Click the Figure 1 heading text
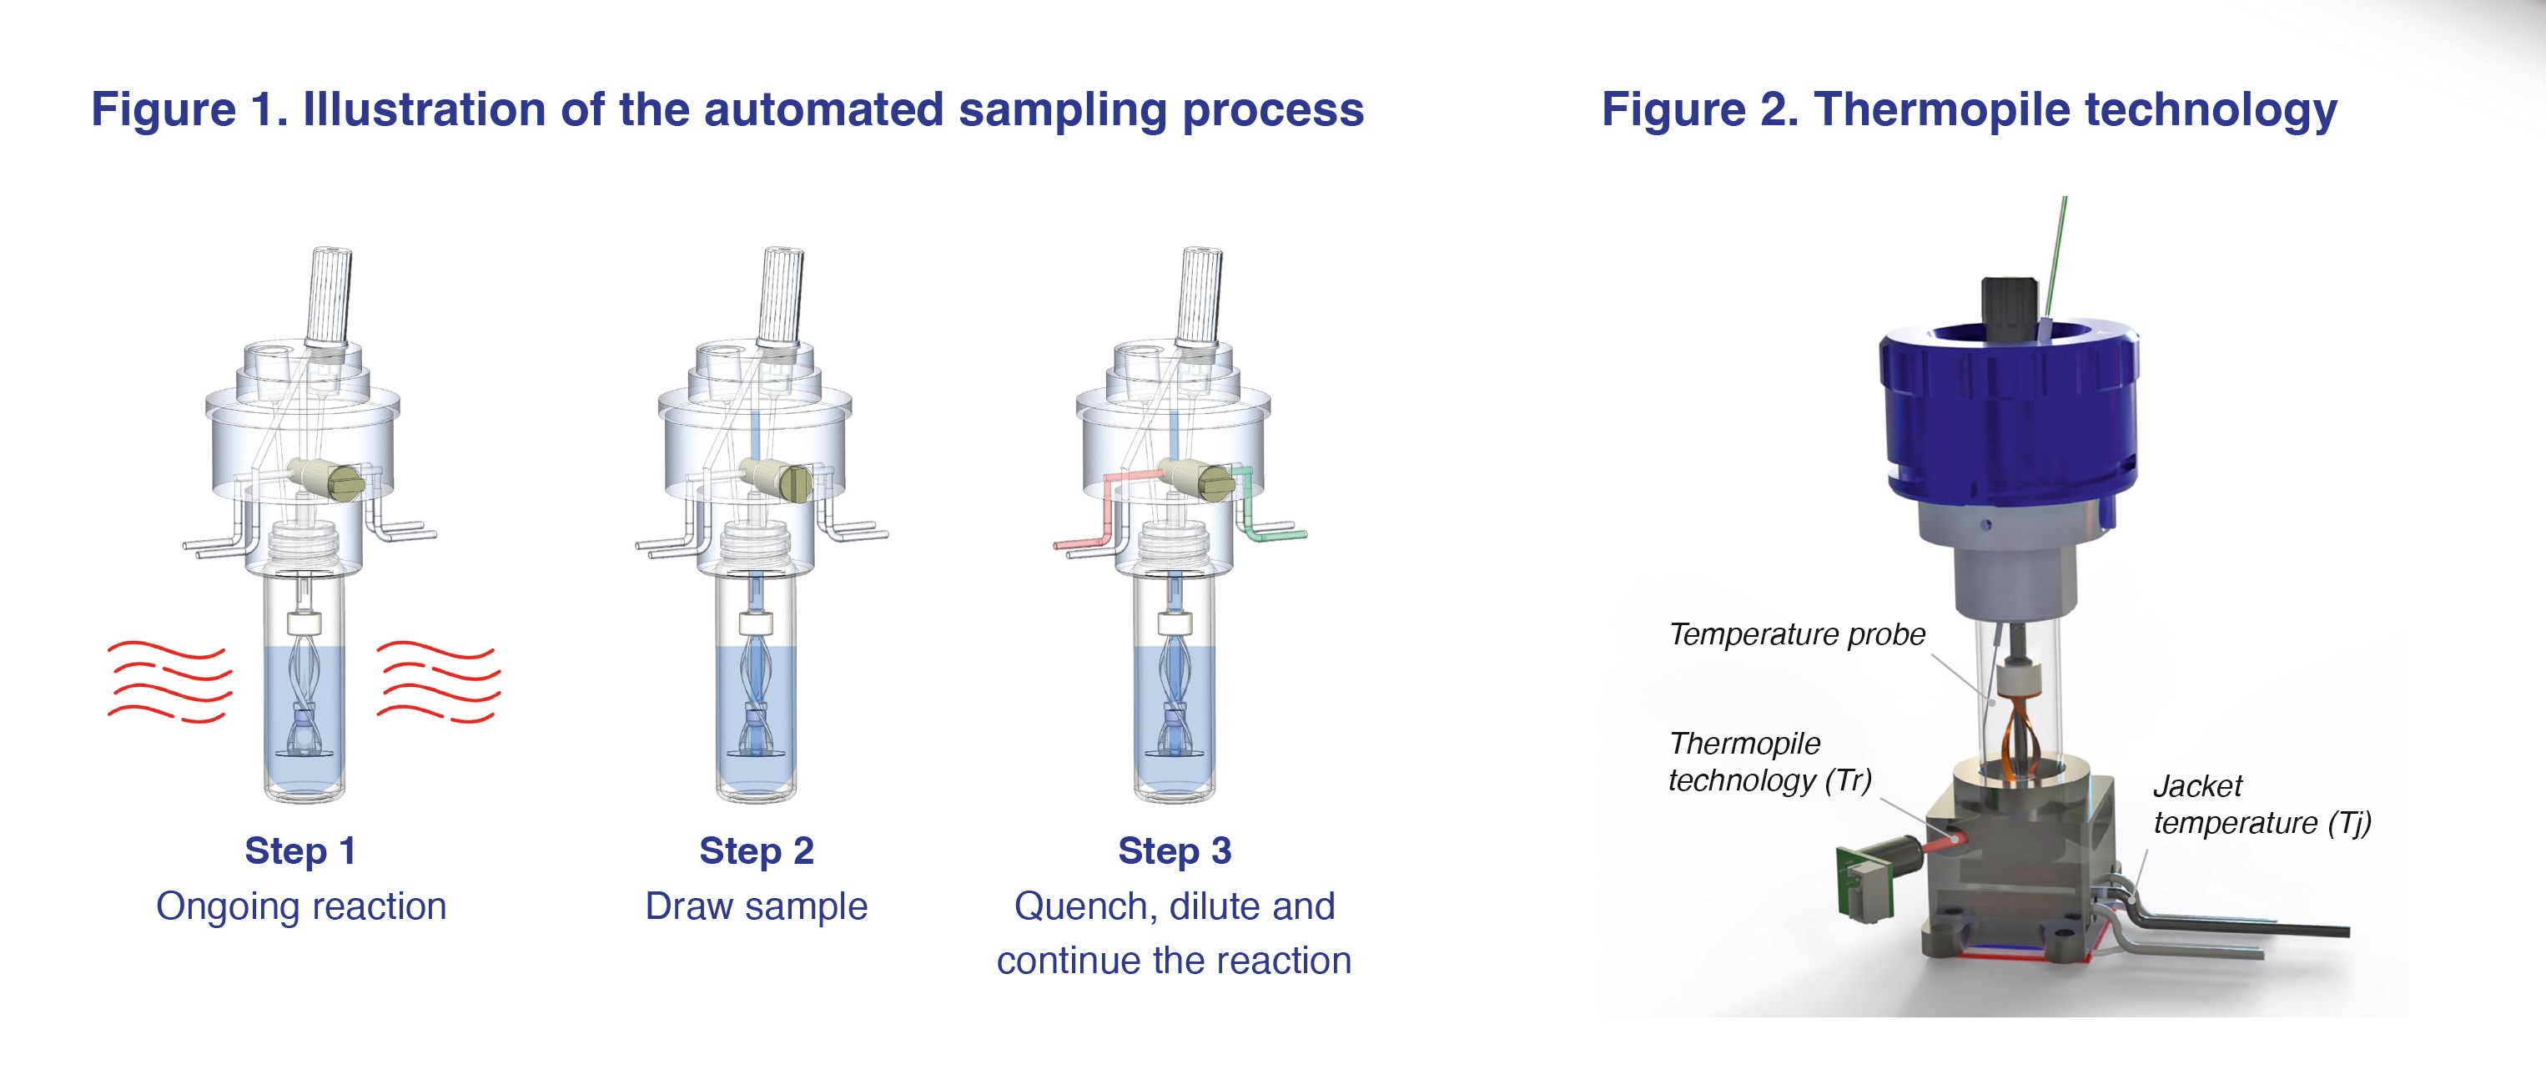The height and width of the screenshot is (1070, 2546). coord(727,110)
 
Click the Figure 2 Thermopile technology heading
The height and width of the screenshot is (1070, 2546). coord(1969,110)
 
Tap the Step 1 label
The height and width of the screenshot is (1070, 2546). coord(299,850)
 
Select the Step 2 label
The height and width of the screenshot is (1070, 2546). coord(756,850)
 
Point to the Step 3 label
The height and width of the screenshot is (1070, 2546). coord(1175,850)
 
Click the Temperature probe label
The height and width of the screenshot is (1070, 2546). coord(1797,633)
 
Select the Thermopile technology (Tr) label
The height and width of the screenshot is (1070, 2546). coord(1769,761)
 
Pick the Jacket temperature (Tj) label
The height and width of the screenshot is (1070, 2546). coord(2262,804)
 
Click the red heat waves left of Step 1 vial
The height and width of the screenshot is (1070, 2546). coord(169,681)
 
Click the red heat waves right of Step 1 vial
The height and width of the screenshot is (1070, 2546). coord(438,681)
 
